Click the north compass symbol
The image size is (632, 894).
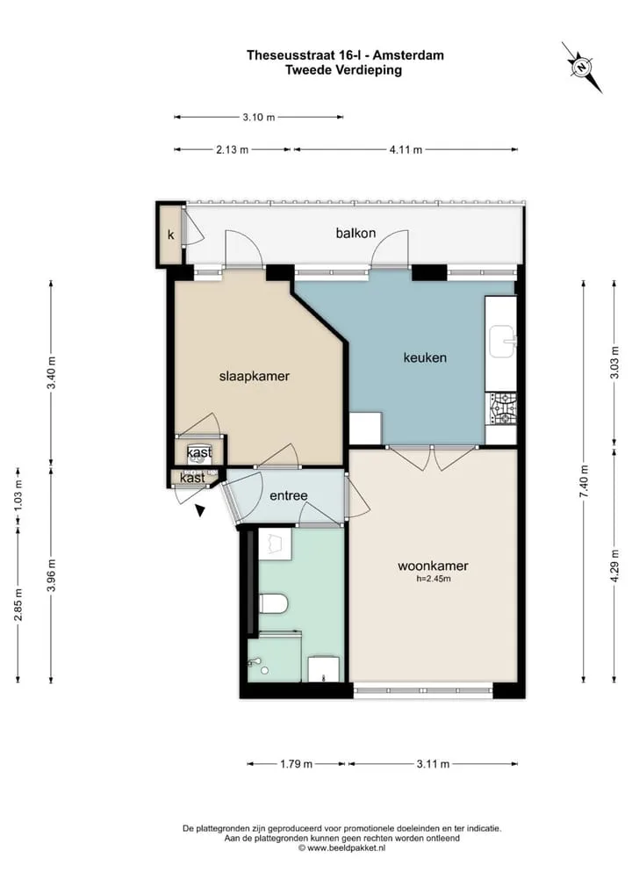(x=581, y=67)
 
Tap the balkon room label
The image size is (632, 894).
(x=355, y=233)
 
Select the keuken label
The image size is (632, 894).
(x=425, y=357)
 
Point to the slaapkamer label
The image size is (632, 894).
(x=255, y=376)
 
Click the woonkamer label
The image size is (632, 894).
(x=433, y=566)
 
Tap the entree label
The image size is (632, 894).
(x=289, y=495)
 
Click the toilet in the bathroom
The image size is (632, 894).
(x=274, y=603)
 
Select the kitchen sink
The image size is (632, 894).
(x=503, y=342)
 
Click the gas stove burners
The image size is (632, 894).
(x=501, y=409)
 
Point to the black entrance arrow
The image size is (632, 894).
(x=200, y=510)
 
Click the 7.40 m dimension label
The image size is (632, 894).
(x=583, y=481)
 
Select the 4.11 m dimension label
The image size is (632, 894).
(x=406, y=150)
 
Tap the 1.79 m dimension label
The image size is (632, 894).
(x=296, y=764)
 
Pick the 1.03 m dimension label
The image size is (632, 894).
(x=18, y=496)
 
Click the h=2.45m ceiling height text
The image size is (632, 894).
(x=434, y=579)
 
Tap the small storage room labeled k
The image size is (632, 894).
(x=170, y=234)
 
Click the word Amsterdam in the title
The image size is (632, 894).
(x=409, y=55)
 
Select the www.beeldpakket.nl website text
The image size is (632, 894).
(x=347, y=847)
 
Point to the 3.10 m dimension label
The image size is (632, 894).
(x=259, y=118)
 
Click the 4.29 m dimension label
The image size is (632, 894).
(x=614, y=566)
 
